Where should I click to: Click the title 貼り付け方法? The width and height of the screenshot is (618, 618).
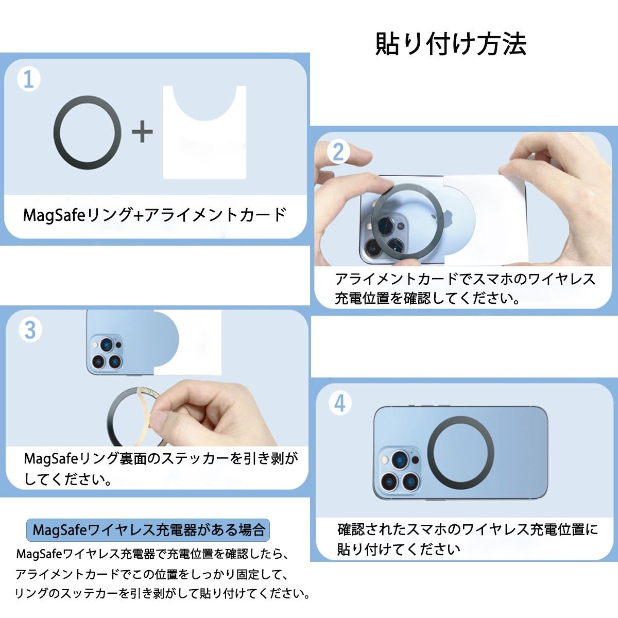click(x=451, y=44)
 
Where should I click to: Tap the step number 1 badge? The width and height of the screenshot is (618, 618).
click(x=29, y=79)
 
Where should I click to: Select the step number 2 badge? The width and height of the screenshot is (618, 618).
click(x=339, y=152)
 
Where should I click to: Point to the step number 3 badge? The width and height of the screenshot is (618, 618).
click(x=30, y=330)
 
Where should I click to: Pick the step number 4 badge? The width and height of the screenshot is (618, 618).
click(x=340, y=403)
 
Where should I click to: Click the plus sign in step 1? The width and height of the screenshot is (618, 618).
click(x=142, y=131)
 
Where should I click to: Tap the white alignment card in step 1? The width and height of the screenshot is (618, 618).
click(x=204, y=132)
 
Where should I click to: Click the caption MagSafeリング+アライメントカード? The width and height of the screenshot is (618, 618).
click(x=154, y=215)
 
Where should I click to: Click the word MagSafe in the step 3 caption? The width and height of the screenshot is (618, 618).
click(x=51, y=459)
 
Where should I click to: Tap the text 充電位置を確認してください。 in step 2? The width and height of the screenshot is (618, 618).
click(x=427, y=299)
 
